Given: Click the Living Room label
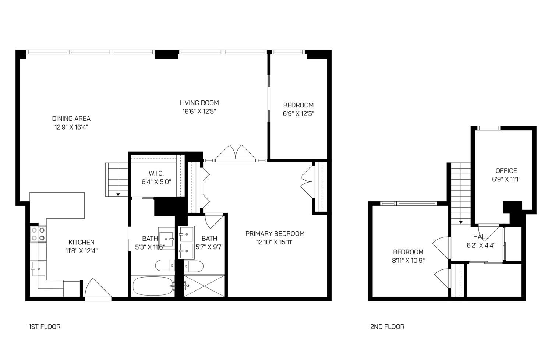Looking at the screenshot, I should pyautogui.click(x=199, y=103).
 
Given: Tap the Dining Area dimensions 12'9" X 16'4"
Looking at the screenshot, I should pyautogui.click(x=71, y=127).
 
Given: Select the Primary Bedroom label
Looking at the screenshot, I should pyautogui.click(x=275, y=233).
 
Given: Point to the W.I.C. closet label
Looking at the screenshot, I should pyautogui.click(x=156, y=173).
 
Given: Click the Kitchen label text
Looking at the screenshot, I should pyautogui.click(x=81, y=242).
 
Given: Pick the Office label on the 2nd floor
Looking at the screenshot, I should pyautogui.click(x=506, y=171).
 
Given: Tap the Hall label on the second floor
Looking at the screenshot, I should pyautogui.click(x=481, y=237).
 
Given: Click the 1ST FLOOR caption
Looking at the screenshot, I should pyautogui.click(x=45, y=327).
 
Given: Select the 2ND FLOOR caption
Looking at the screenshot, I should pyautogui.click(x=387, y=327).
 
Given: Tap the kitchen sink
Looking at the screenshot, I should pyautogui.click(x=38, y=269).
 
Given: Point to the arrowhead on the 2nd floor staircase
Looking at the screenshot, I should pyautogui.click(x=461, y=222).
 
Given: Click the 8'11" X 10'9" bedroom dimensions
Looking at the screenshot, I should pyautogui.click(x=408, y=260).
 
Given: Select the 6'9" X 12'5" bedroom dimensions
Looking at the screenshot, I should pyautogui.click(x=298, y=114).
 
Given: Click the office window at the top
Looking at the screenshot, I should pyautogui.click(x=489, y=128).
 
